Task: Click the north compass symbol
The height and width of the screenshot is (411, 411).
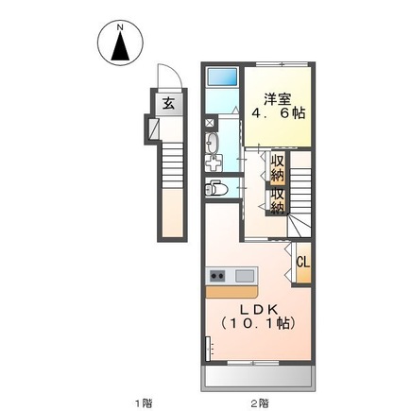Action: tap(120, 46)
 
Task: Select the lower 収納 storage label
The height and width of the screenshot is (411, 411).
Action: tap(278, 200)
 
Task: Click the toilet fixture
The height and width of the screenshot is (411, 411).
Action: tap(218, 189)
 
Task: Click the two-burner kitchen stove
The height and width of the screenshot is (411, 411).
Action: tap(217, 276)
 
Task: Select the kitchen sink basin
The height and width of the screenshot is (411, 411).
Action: tap(245, 276)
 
